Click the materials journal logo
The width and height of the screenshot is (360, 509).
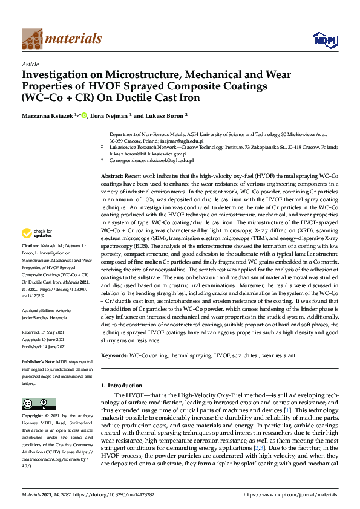click(x=61, y=39)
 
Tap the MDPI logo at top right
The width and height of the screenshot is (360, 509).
click(x=324, y=39)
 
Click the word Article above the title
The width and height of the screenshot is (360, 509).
click(x=30, y=64)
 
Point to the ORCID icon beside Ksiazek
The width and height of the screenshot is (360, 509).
click(x=85, y=115)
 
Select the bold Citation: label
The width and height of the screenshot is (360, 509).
click(x=32, y=264)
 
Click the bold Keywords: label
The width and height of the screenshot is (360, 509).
click(x=115, y=356)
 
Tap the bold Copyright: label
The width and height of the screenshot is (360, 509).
click(x=33, y=416)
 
